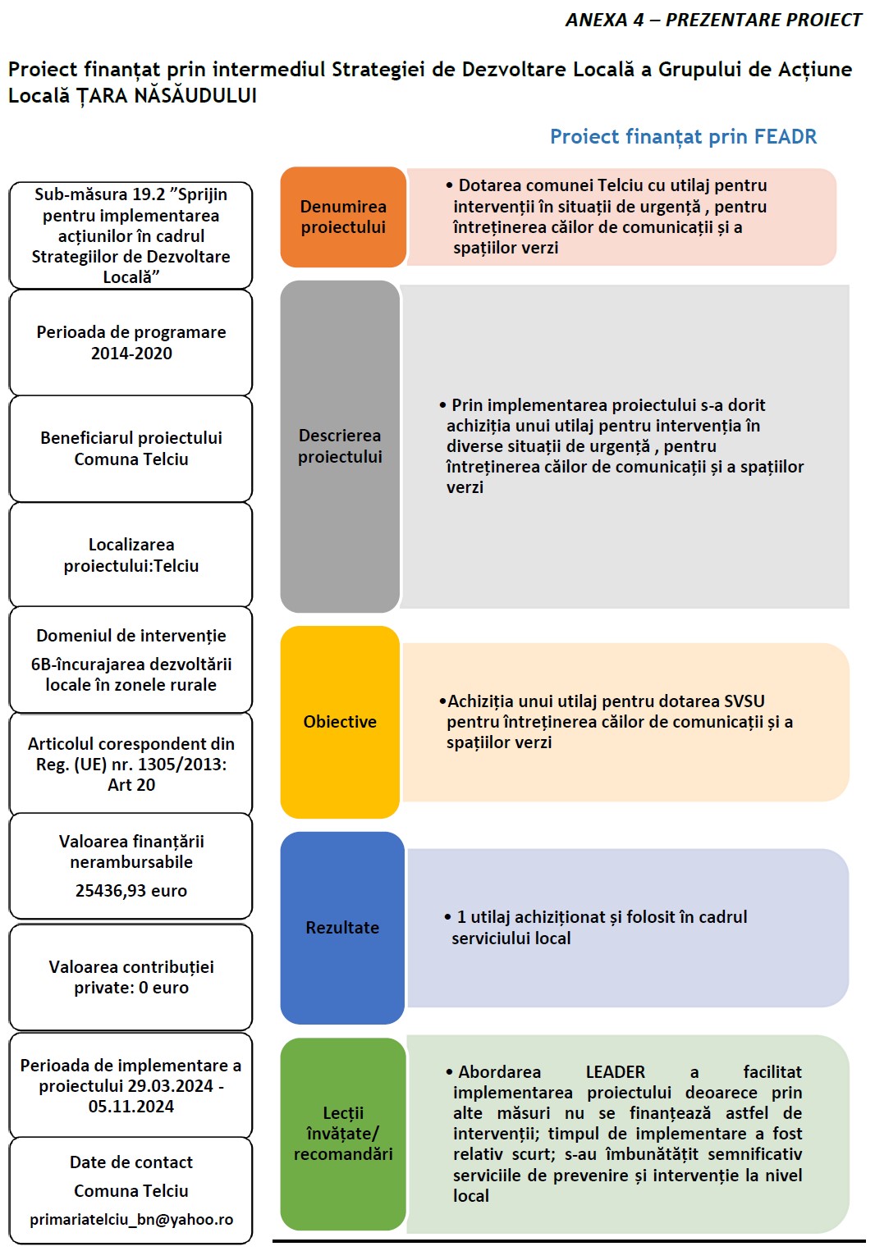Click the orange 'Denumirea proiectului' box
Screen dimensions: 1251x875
pos(343,217)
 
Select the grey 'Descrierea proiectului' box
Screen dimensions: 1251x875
pos(340,446)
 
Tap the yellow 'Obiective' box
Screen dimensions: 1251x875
pos(340,722)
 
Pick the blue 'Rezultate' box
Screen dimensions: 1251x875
pos(342,928)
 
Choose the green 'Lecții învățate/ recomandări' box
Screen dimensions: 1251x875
pos(343,1134)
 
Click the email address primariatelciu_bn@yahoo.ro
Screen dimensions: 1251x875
pos(131,1220)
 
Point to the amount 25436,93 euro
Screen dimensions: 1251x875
pos(131,891)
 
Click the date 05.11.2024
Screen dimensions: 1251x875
pos(131,1107)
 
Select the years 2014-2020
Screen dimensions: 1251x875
pos(131,354)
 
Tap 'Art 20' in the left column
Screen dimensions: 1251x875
pos(131,785)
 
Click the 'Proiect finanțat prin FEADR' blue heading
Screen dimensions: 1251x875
pos(683,137)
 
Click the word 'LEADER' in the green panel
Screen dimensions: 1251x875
pos(616,1072)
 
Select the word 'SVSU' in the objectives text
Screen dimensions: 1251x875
pos(744,701)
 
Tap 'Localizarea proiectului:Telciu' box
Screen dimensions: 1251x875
pos(131,555)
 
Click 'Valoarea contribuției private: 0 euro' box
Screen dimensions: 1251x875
pos(131,977)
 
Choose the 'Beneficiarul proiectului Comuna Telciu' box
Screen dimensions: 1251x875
pos(131,449)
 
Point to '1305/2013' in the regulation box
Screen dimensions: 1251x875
pos(181,765)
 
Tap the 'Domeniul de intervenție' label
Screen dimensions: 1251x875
pos(131,636)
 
